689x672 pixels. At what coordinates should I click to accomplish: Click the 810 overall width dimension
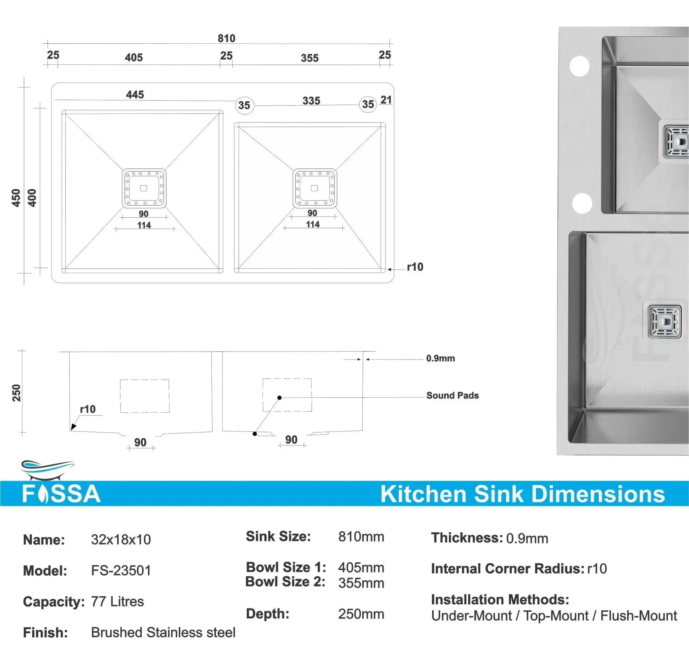tap(226, 38)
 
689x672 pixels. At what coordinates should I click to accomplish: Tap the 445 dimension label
tap(135, 95)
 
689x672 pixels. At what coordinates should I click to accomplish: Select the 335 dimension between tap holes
tap(311, 101)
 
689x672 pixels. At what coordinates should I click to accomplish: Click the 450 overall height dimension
tap(16, 198)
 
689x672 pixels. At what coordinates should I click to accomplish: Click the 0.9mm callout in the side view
tap(440, 359)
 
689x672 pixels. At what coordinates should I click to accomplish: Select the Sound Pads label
tap(452, 395)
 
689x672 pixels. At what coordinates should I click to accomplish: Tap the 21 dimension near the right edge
tap(386, 100)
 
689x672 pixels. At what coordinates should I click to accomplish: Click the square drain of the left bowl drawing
tap(144, 188)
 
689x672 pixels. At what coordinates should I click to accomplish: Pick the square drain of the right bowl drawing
tap(315, 188)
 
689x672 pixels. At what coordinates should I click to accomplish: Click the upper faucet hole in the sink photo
tap(579, 66)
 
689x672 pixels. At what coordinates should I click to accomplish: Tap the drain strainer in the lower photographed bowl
tap(665, 321)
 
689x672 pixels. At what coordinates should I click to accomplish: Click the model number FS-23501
tap(121, 571)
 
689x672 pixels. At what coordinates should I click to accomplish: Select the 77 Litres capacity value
tap(117, 602)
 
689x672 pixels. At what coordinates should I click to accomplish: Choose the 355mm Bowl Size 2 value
tap(361, 583)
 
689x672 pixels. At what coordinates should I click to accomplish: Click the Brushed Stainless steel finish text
tap(163, 633)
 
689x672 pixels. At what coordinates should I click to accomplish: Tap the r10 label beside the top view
tap(415, 267)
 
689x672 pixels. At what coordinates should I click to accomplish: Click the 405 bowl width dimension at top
tap(134, 58)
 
